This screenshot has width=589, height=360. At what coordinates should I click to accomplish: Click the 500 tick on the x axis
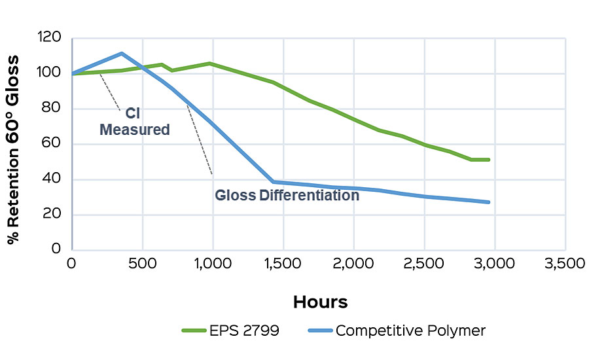(142, 264)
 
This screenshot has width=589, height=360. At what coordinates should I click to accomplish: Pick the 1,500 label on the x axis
(283, 264)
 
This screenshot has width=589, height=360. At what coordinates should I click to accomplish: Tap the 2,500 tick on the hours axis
(423, 264)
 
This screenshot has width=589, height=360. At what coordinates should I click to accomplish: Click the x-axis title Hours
(320, 302)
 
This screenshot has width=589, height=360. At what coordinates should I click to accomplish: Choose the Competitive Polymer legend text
(410, 331)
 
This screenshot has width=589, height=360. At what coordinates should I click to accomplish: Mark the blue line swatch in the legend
(316, 331)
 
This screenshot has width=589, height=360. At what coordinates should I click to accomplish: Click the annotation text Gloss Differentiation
(287, 194)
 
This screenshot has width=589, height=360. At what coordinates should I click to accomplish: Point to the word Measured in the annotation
(135, 129)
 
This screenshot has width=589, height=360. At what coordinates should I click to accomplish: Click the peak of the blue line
(122, 54)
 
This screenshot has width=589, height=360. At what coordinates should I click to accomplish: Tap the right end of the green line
(488, 159)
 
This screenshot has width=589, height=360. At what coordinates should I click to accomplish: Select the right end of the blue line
(488, 202)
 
